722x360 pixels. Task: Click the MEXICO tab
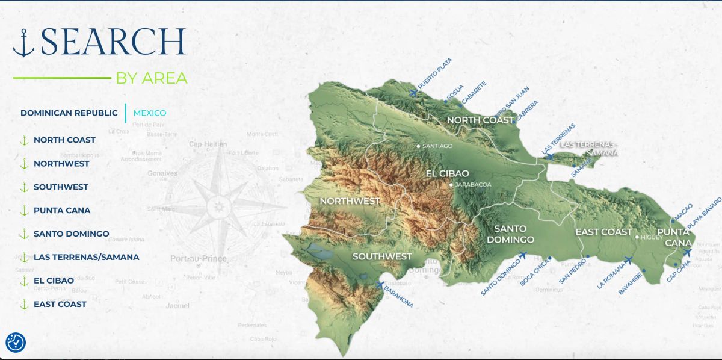(x=149, y=113)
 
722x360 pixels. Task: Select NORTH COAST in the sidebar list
(x=64, y=140)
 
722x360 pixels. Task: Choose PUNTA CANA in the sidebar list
(x=62, y=210)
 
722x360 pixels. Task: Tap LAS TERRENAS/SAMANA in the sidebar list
(x=86, y=257)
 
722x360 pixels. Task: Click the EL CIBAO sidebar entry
(x=54, y=281)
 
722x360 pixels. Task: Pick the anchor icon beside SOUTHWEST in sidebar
(x=25, y=187)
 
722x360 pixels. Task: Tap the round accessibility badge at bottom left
(x=16, y=342)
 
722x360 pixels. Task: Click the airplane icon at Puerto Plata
(x=413, y=92)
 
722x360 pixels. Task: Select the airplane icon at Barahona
(x=380, y=285)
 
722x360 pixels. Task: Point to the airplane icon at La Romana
(x=628, y=261)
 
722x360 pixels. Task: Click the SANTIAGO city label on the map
(x=437, y=146)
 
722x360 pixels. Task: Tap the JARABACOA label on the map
(x=473, y=185)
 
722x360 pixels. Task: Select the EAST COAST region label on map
(x=603, y=232)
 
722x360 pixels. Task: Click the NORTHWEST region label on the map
(x=350, y=200)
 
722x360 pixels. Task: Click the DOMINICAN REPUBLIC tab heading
(x=69, y=113)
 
